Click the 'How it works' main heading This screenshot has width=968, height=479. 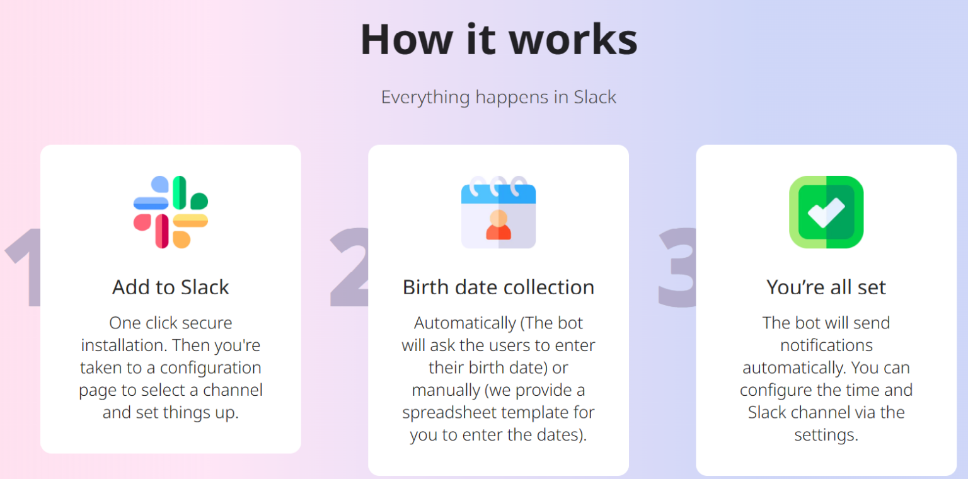[498, 39]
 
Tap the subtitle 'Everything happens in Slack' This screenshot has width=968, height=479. [498, 97]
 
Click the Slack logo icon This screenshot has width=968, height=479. [171, 212]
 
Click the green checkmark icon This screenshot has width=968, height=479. [826, 212]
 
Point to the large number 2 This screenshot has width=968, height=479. [350, 268]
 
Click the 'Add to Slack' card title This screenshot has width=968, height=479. [171, 287]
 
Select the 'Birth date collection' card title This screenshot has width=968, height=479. [498, 287]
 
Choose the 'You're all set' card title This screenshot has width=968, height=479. [826, 287]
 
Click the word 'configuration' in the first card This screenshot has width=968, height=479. [210, 368]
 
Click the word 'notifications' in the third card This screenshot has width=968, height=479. [826, 345]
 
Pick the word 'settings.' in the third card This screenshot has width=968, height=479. [826, 435]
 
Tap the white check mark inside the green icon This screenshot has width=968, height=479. [826, 212]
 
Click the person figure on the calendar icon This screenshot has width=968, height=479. [498, 226]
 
